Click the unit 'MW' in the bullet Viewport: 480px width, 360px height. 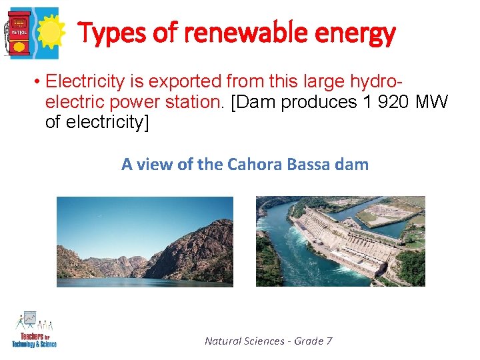coord(434,103)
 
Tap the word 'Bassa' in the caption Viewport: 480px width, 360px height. coord(307,164)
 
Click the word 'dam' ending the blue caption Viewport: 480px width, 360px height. coord(353,164)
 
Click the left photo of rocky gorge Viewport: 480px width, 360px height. coord(145,241)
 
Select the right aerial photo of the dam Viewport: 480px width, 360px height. coord(340,241)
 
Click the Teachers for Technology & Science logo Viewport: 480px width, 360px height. coord(34,329)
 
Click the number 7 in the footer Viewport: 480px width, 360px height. coord(329,341)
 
